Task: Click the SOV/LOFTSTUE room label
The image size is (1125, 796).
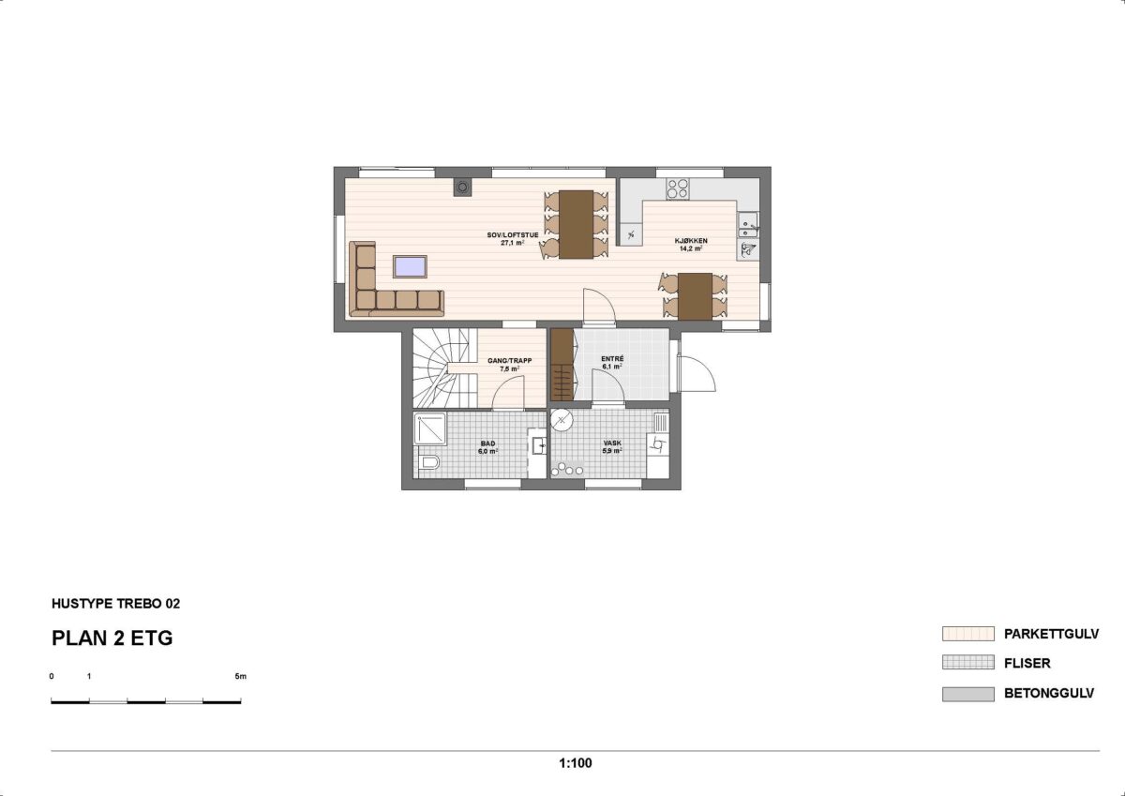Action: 512,235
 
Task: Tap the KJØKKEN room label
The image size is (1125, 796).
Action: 691,241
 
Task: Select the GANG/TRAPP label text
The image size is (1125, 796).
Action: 509,361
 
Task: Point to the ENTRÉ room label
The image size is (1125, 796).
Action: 612,358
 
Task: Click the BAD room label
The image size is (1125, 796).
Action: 487,443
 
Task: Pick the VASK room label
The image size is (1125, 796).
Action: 612,443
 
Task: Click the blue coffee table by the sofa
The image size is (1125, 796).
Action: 411,266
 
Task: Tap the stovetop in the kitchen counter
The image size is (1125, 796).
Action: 678,188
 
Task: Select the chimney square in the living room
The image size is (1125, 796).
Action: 462,187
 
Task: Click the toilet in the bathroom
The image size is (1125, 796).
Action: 430,462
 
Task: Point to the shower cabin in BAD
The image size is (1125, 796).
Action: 430,428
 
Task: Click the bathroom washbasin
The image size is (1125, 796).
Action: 539,445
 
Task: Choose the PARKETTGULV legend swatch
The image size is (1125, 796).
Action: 967,634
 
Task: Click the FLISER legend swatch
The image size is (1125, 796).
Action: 967,663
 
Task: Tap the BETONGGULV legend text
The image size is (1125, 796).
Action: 1049,694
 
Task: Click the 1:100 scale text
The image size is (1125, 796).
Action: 576,763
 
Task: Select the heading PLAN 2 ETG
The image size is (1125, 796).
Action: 112,638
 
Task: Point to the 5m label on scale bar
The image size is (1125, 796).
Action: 241,677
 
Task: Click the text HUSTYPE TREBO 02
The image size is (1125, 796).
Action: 115,604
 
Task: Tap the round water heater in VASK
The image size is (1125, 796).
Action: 562,419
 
